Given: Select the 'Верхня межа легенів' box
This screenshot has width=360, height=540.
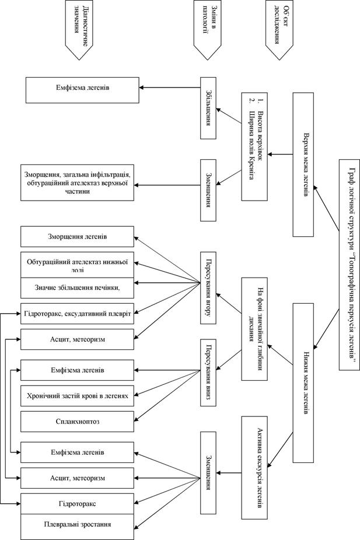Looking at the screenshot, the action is pos(303,164).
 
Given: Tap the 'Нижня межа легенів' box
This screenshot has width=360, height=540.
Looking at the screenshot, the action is pos(303,383).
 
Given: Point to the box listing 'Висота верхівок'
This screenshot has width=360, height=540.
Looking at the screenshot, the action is pos(254,146).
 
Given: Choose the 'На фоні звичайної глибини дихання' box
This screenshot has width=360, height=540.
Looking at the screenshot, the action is pos(254,329).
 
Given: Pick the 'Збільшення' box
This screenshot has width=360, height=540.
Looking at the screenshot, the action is pos(208,108).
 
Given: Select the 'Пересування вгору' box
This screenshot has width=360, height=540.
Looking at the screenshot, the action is pos(208,288).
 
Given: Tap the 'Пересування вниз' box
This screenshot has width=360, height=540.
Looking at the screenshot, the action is pos(208,373).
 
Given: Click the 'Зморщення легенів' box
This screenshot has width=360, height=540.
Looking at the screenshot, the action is pos(77,237).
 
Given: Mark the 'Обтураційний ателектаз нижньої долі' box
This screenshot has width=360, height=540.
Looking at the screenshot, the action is pos(77,265).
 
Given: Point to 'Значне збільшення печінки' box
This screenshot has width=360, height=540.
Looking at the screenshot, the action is pos(77,288).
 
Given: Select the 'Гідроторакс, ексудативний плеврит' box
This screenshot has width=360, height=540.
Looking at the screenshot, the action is pos(77,313).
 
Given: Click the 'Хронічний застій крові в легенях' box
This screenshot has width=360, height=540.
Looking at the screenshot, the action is pos(77,396).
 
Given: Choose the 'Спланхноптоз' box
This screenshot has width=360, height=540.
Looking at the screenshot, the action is pos(77,422).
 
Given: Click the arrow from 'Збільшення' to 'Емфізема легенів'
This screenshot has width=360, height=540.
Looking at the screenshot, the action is pos(170,87).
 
